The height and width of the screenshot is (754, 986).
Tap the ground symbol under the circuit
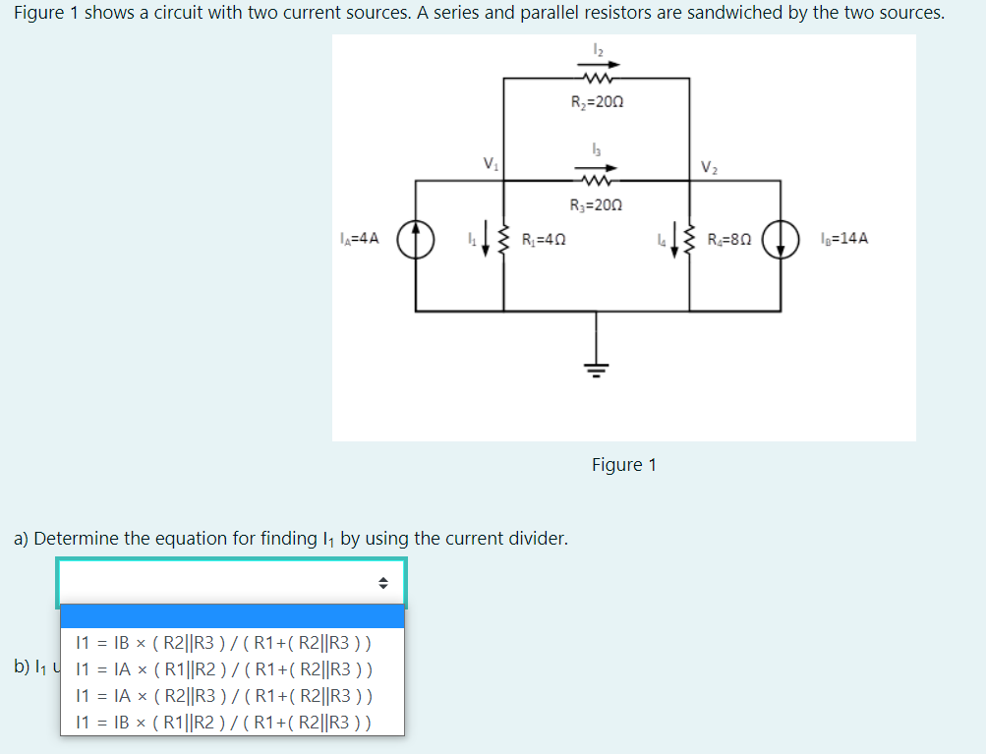tap(596, 368)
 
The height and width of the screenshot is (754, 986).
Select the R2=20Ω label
tap(597, 101)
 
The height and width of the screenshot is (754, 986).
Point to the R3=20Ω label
tap(597, 205)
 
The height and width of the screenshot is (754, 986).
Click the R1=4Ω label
tap(543, 239)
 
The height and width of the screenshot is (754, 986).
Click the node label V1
tap(490, 163)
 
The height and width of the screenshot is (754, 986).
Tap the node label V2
tap(709, 166)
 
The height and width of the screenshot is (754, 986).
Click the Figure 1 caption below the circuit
tap(623, 464)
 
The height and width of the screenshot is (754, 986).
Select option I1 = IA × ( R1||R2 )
tap(224, 670)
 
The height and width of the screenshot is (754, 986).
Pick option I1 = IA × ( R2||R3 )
tap(224, 696)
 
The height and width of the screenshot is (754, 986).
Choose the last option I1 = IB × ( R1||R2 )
tap(224, 722)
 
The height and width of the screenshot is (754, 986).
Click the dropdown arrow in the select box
tap(383, 583)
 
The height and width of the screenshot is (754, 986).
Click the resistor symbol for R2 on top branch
tap(597, 79)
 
